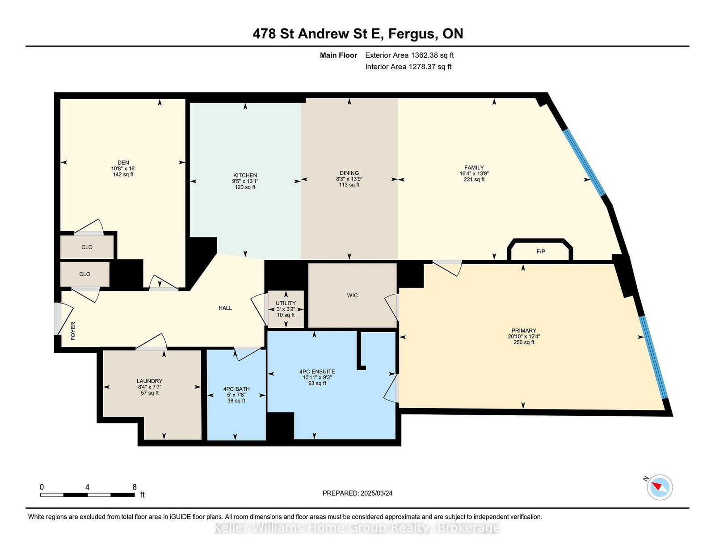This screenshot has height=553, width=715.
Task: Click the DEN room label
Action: coord(123,163)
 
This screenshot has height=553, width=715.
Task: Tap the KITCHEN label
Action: coord(245,175)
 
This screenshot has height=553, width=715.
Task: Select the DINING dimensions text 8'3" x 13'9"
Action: coord(349,179)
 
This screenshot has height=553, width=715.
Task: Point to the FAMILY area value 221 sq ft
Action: coord(474,179)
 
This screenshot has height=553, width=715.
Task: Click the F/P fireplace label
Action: coord(541,252)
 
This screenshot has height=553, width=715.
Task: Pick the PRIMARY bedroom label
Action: coord(524,330)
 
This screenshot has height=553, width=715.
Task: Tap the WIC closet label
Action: coord(353,295)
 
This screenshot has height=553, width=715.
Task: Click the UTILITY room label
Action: coord(286,303)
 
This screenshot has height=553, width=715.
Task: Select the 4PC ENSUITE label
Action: coord(317,371)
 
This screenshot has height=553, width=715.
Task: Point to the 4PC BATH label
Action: coord(236,389)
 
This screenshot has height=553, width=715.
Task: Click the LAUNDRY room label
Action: coord(150,381)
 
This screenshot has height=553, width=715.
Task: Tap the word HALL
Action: coord(225,308)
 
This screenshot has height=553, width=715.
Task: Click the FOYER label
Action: coord(73,331)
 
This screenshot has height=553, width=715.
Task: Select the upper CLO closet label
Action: coord(87,247)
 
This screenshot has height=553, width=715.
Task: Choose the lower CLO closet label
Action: coord(85,274)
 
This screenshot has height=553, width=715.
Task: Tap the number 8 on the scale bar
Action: coord(134,487)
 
